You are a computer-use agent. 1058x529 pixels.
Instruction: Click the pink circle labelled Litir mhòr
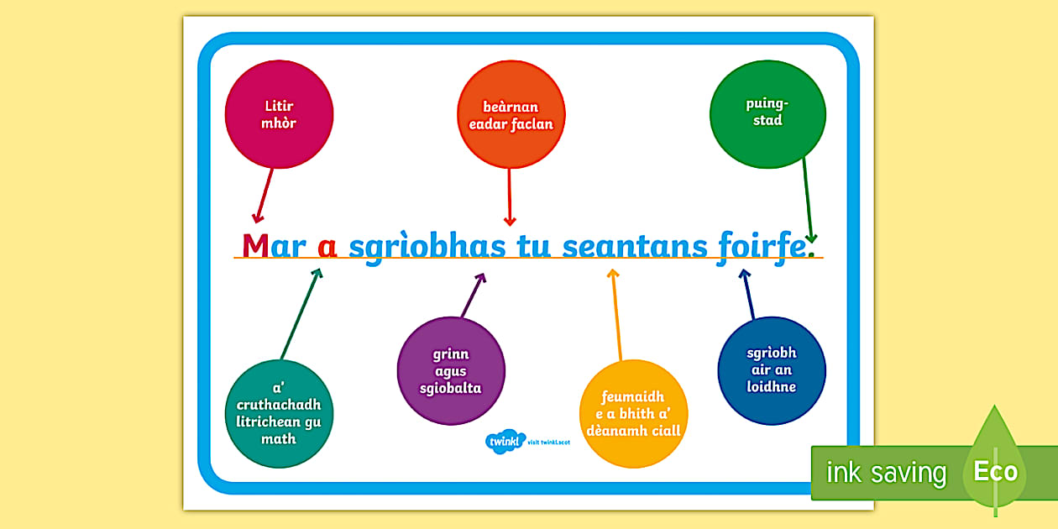[x=279, y=114]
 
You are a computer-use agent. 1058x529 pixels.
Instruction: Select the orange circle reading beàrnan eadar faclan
[x=511, y=114]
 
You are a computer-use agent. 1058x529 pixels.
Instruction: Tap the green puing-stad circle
[x=768, y=114]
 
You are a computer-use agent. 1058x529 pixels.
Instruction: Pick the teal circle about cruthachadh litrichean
[x=279, y=414]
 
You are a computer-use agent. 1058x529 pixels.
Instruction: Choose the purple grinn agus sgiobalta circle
[x=451, y=371]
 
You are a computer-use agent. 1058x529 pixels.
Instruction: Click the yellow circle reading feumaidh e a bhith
[x=634, y=414]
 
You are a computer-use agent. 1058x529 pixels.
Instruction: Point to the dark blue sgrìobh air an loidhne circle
[x=772, y=371]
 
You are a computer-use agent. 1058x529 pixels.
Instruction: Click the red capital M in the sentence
[x=255, y=245]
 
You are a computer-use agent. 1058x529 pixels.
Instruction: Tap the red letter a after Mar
[x=327, y=247]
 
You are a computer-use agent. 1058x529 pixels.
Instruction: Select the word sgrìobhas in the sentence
[x=427, y=247]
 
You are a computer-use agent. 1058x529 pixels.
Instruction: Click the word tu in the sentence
[x=534, y=246]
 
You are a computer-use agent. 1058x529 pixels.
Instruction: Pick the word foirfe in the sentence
[x=762, y=247]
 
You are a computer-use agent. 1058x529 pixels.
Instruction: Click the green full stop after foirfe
[x=811, y=254]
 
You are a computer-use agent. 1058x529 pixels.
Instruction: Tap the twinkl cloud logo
[x=505, y=442]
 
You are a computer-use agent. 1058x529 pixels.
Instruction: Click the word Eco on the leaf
[x=996, y=471]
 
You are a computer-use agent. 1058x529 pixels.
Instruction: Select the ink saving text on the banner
[x=887, y=472]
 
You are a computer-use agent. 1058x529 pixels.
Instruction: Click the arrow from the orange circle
[x=510, y=197]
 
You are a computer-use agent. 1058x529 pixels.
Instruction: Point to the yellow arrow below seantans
[x=616, y=315]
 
